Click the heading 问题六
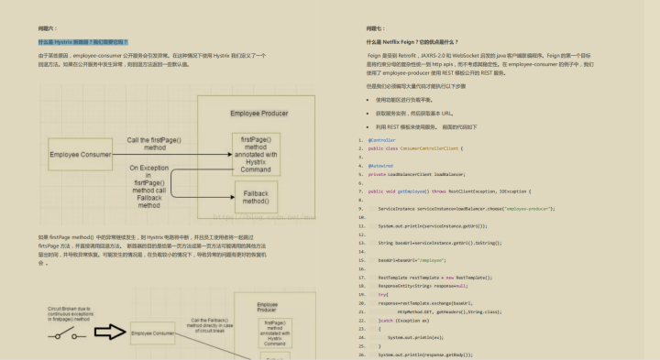(46, 28)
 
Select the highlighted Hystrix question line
(83, 42)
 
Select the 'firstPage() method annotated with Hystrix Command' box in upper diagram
(256, 153)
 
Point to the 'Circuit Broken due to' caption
(66, 310)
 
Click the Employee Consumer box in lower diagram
(152, 333)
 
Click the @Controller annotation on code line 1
(382, 140)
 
